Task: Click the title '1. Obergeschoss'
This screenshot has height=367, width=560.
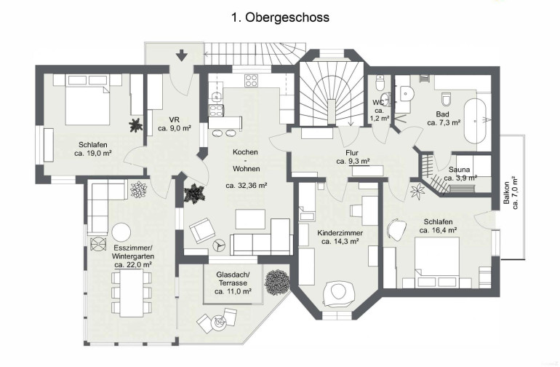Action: (x=280, y=17)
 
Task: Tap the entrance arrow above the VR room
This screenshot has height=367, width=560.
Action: (x=182, y=55)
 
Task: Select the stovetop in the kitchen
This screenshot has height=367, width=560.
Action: (x=251, y=80)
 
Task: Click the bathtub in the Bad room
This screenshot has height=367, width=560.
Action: (x=475, y=121)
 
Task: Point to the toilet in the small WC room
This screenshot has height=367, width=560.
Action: (x=380, y=82)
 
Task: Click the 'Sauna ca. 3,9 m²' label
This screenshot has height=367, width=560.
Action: (x=460, y=173)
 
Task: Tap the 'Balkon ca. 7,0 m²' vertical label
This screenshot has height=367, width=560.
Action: (x=511, y=193)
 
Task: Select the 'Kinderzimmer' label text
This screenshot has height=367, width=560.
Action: (x=340, y=233)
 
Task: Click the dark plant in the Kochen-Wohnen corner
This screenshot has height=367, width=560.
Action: (x=194, y=194)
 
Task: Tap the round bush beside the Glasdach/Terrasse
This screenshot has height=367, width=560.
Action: (x=276, y=283)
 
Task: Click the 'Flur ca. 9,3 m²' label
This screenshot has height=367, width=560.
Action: (x=353, y=157)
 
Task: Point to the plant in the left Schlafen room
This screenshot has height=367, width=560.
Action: (x=136, y=125)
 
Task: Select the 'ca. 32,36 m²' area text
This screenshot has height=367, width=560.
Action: (x=247, y=186)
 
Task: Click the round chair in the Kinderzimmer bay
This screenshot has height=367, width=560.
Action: (x=338, y=292)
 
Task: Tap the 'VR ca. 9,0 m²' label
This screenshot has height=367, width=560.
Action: (x=175, y=124)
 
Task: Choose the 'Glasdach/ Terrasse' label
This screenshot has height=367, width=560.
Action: (x=233, y=279)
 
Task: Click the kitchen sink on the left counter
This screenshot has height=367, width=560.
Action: (x=216, y=97)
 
